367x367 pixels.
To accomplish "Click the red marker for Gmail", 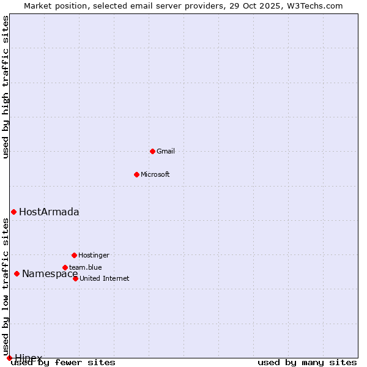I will tap(152, 151).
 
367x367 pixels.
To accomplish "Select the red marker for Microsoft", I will tap(136, 174).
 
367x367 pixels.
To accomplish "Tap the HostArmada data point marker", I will tap(13, 212).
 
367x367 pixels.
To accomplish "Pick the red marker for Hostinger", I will tap(74, 255).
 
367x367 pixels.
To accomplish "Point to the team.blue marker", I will tap(65, 267).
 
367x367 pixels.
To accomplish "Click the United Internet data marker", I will tap(75, 278).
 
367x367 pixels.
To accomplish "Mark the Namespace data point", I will tap(17, 273).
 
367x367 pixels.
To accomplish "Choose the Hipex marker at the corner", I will tap(9, 358).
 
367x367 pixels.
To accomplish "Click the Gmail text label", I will tap(166, 151).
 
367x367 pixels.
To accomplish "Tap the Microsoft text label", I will tap(155, 174).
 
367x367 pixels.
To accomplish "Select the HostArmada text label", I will tap(49, 212).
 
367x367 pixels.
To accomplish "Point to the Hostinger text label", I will tap(94, 255).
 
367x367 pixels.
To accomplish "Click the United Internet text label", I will tap(105, 278).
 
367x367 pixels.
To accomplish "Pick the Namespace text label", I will tap(50, 274).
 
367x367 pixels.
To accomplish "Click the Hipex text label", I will tap(29, 358).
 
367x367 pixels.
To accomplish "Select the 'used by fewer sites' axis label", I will tap(63, 363).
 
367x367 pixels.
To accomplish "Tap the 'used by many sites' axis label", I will tap(307, 363).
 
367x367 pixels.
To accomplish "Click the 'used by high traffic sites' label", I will tap(6, 87).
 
